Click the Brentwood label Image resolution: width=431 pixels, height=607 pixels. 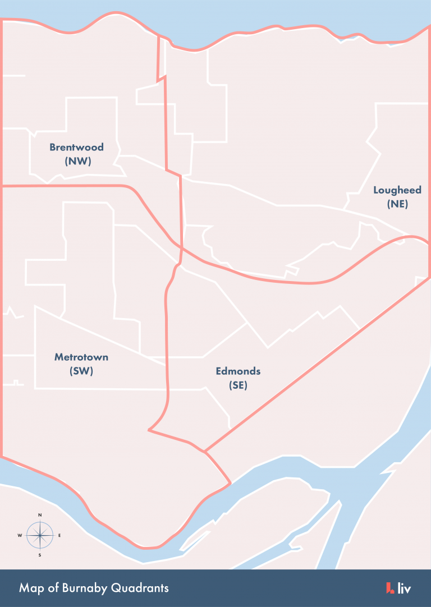tap(76, 148)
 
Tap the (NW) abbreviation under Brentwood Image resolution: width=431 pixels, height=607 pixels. tap(77, 161)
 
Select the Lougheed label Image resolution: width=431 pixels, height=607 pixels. tap(397, 190)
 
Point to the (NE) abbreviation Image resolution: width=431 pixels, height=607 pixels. tap(397, 204)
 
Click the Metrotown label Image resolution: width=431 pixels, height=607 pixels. tap(81, 357)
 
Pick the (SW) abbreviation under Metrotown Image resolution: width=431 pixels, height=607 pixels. tap(81, 371)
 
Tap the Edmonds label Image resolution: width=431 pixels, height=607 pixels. tap(238, 371)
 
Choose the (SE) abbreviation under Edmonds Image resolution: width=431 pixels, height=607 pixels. tap(238, 385)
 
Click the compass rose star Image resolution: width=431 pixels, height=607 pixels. tap(40, 535)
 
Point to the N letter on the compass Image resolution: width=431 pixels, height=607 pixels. tap(40, 515)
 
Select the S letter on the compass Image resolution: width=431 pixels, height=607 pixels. tap(40, 555)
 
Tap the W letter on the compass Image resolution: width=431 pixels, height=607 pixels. tap(20, 535)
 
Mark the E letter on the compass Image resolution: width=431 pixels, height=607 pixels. tap(59, 535)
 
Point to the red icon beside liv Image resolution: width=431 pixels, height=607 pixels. tap(390, 588)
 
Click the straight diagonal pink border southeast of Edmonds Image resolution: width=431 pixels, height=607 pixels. tap(314, 365)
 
